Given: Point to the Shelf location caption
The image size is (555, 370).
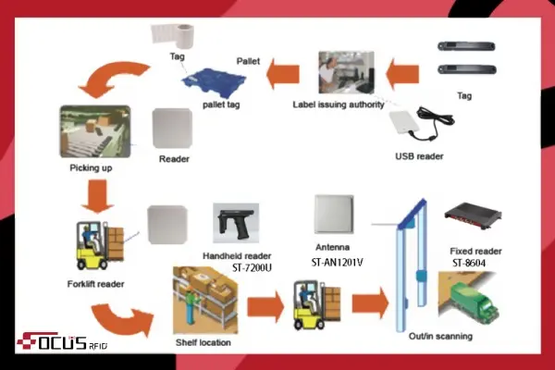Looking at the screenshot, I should click(x=203, y=343).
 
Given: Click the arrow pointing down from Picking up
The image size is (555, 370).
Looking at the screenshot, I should click(x=95, y=194).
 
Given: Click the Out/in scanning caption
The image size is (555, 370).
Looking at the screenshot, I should click(x=442, y=335).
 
